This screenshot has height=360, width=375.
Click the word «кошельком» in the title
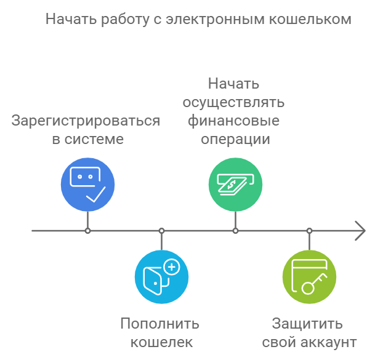(x=310, y=19)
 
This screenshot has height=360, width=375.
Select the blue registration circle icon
(x=88, y=184)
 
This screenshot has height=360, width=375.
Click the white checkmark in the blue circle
(x=96, y=194)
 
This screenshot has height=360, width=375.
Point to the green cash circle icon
(x=236, y=184)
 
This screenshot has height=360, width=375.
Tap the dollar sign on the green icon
(x=232, y=184)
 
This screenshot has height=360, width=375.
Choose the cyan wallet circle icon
(x=162, y=277)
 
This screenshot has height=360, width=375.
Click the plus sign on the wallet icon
(x=172, y=267)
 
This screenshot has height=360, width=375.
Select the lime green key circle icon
(x=310, y=277)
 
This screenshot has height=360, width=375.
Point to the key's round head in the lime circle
(x=307, y=288)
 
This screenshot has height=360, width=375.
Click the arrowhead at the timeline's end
(x=360, y=231)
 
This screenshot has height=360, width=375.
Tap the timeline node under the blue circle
(x=88, y=231)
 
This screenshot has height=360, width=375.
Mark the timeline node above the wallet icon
(x=162, y=231)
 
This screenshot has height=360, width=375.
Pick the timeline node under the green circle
(x=236, y=231)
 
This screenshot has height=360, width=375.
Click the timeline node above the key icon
(x=310, y=231)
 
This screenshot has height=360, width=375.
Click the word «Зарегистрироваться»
(x=86, y=121)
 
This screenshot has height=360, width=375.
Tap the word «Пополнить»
(x=159, y=324)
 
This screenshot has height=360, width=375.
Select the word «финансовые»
(x=233, y=121)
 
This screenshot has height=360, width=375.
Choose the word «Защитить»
(x=307, y=324)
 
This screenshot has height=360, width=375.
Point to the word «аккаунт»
(x=329, y=343)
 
